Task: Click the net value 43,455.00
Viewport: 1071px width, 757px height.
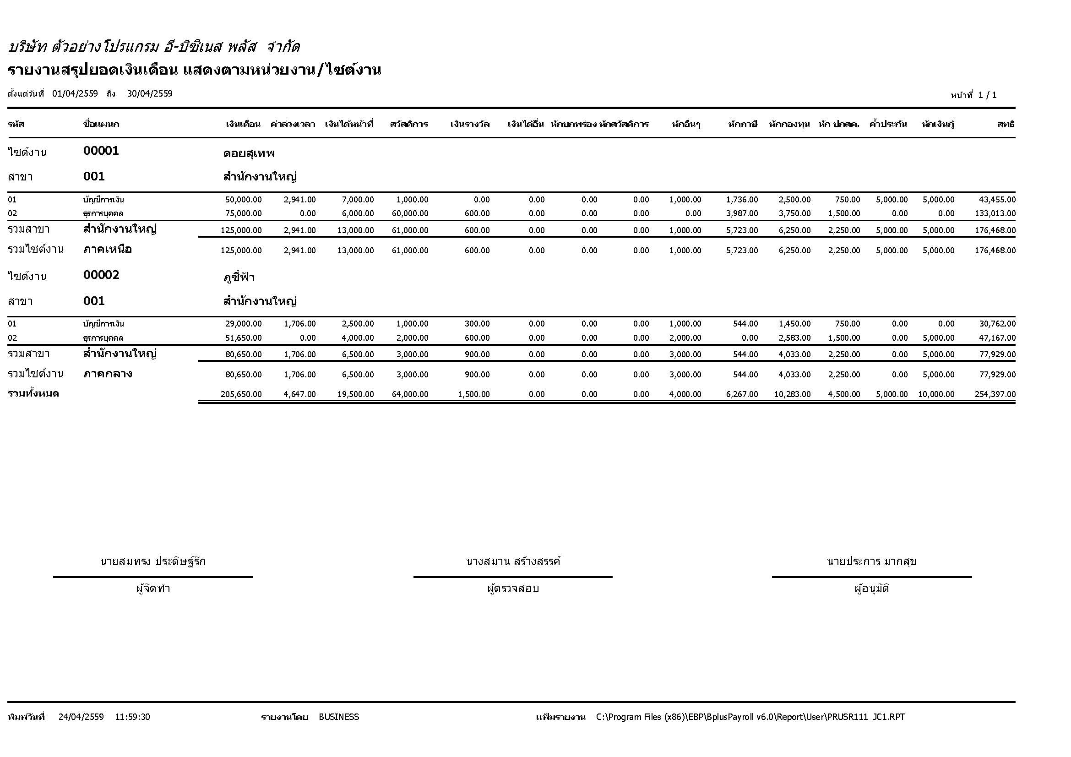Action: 997,200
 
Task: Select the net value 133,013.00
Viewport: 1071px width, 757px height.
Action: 995,213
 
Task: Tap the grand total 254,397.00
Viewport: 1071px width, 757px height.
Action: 995,394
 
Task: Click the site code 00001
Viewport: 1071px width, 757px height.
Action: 101,151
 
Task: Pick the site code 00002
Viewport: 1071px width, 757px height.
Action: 101,275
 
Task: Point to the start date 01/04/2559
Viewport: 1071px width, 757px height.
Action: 75,94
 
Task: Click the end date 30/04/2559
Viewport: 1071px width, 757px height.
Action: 150,94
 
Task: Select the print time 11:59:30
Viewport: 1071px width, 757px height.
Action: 132,717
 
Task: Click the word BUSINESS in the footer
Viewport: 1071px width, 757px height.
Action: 339,717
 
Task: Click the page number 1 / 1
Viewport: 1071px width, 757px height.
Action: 987,95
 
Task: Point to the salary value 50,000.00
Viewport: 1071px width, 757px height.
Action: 243,200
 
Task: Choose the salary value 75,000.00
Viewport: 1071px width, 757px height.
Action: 243,213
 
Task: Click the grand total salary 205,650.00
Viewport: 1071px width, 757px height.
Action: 241,394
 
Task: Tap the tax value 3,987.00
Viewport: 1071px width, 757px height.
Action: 742,213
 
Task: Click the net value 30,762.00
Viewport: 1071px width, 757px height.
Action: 997,324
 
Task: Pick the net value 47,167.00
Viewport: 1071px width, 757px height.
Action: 997,338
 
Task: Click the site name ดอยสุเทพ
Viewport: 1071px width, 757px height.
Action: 249,153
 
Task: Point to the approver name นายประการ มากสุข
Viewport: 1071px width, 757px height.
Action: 871,561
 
